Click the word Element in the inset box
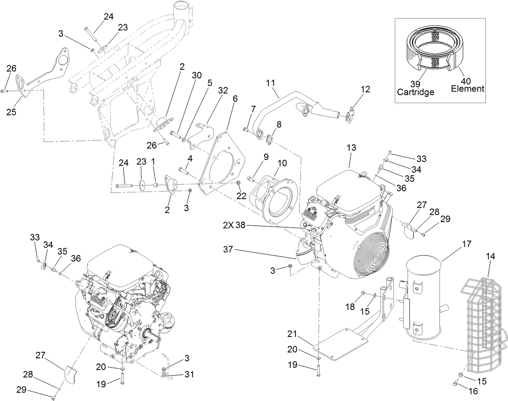coord(468,88)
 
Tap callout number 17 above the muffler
coord(467,244)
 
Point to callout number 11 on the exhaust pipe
coord(270,83)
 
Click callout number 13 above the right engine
coord(351,148)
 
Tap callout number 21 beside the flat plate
coord(292,334)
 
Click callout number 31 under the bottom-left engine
coord(189,374)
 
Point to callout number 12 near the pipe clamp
coord(365,89)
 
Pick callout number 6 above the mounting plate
coord(235,99)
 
